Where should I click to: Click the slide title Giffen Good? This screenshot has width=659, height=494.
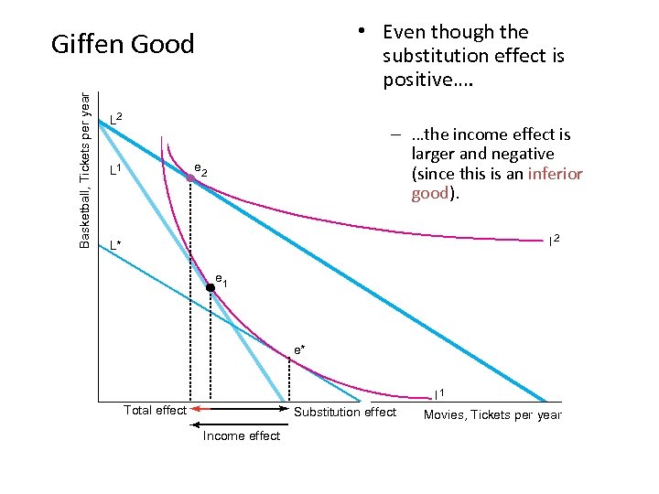pyautogui.click(x=123, y=44)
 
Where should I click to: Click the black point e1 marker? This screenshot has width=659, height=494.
pyautogui.click(x=210, y=287)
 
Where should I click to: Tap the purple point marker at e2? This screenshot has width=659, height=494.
pyautogui.click(x=190, y=180)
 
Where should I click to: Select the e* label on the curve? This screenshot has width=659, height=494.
pyautogui.click(x=299, y=349)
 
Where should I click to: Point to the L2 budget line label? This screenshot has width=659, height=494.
pyautogui.click(x=116, y=117)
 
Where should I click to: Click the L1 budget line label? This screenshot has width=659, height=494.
pyautogui.click(x=116, y=170)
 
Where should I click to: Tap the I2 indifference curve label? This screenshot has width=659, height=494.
pyautogui.click(x=554, y=240)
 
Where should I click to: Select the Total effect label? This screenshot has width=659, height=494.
pyautogui.click(x=155, y=411)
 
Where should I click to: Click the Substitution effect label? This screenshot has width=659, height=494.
pyautogui.click(x=345, y=412)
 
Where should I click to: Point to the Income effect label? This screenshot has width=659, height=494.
pyautogui.click(x=242, y=435)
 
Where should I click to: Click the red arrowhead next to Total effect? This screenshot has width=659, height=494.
pyautogui.click(x=195, y=411)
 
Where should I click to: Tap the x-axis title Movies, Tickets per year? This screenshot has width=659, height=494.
pyautogui.click(x=492, y=415)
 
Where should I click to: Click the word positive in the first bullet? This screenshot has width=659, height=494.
pyautogui.click(x=417, y=80)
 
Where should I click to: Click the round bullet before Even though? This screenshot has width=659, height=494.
pyautogui.click(x=363, y=32)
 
